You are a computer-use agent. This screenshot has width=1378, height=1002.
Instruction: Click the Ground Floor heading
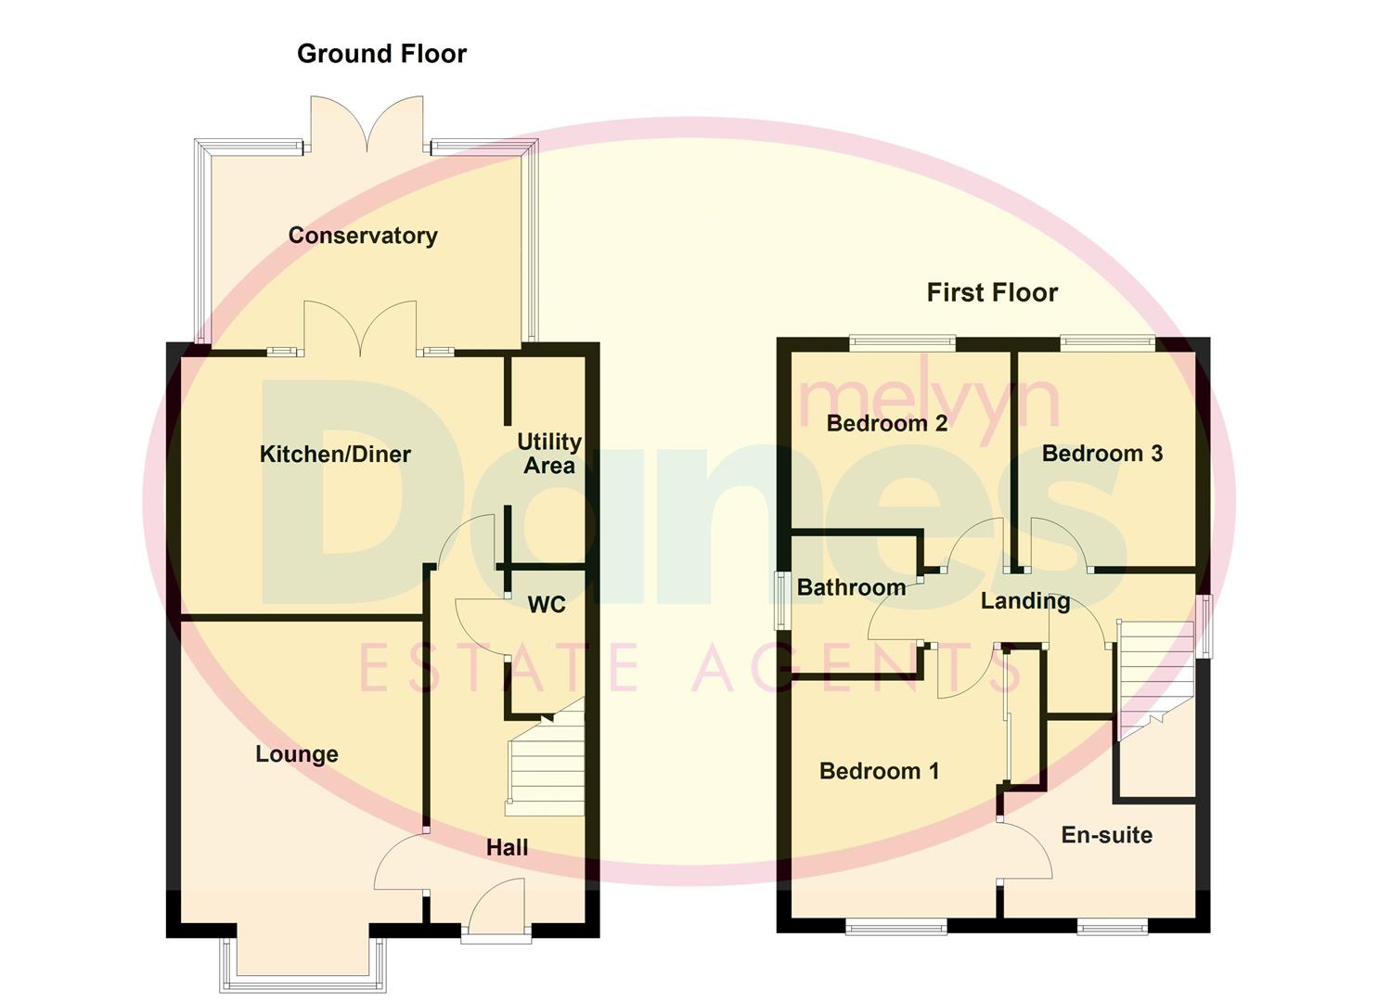click(381, 54)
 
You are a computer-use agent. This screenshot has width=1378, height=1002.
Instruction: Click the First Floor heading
click(992, 293)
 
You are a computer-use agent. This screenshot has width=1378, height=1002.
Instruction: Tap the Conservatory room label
click(363, 236)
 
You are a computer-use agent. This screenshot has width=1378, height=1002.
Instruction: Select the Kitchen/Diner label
click(335, 455)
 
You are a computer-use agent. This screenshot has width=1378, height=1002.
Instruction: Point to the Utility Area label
click(549, 454)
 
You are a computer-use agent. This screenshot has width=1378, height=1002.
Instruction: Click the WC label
click(547, 605)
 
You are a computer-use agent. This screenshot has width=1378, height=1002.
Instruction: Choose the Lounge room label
click(297, 754)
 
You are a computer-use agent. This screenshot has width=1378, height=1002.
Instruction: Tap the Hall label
click(508, 847)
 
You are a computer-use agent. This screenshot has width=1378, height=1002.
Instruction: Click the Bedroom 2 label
click(887, 424)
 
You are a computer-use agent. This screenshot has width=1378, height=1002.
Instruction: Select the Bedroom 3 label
click(1102, 454)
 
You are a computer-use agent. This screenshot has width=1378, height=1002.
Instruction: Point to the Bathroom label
click(851, 587)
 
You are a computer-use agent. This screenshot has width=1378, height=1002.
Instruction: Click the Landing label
click(1025, 601)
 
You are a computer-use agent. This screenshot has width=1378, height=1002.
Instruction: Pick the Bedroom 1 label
click(880, 771)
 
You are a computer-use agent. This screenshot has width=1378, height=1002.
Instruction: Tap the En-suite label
click(1107, 835)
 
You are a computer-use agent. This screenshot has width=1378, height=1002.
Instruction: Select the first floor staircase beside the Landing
click(1154, 673)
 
